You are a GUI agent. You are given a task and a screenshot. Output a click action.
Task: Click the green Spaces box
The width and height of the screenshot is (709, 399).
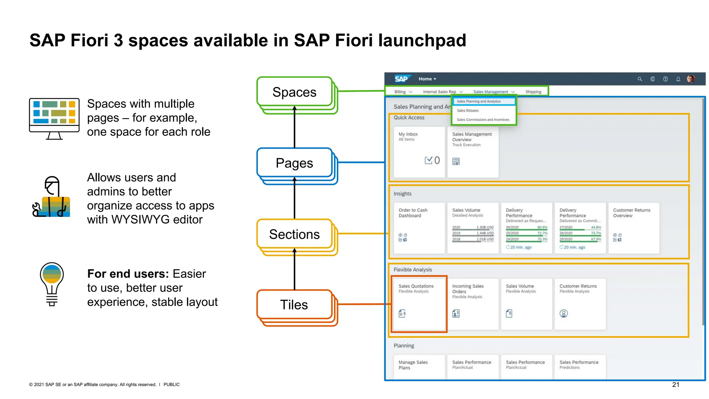tap(294, 92)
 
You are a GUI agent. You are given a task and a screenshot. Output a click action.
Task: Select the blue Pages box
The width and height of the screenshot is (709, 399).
tap(294, 163)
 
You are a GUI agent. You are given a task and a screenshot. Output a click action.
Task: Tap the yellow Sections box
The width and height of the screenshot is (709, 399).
tap(294, 234)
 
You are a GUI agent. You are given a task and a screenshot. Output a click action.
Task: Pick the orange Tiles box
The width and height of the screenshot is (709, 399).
tap(294, 305)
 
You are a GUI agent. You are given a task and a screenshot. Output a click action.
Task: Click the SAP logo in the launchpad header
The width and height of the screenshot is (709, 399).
tap(402, 79)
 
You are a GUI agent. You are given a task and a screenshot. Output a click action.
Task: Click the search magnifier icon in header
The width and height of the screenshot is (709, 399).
tap(640, 79)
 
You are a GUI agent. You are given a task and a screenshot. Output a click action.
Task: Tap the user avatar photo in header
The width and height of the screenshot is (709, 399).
tap(691, 79)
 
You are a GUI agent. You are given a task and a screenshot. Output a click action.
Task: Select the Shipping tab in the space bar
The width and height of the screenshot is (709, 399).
tap(533, 92)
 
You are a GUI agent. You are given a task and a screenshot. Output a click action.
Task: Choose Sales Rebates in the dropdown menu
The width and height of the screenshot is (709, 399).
tap(468, 110)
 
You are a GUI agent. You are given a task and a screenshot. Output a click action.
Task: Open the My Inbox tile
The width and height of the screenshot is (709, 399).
tap(419, 152)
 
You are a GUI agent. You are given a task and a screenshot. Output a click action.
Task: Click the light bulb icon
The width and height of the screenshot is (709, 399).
tap(52, 284)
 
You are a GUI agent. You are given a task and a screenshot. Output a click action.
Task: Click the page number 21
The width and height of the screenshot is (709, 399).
tap(675, 384)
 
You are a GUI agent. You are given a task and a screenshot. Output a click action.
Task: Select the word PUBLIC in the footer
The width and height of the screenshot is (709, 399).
tap(171, 384)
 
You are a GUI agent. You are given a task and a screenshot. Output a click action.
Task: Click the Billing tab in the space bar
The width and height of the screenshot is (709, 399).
tap(400, 92)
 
